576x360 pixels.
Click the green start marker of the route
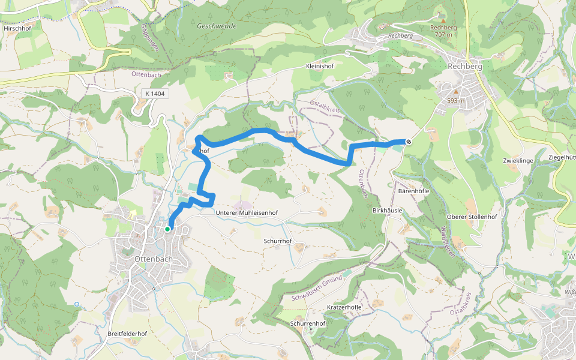167,229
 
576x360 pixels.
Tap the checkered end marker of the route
409,142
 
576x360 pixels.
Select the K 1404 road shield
155,94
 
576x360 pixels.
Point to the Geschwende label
217,26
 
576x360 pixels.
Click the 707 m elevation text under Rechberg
443,35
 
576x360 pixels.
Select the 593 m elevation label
456,101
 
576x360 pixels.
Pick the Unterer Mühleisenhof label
247,213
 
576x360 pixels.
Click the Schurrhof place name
277,241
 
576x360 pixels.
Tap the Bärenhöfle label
413,191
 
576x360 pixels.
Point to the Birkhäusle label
387,211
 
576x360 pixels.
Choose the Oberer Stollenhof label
472,216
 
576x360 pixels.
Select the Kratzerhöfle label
344,307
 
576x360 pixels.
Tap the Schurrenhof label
307,324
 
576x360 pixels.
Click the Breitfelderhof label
127,334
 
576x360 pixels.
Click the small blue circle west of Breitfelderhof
77,305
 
